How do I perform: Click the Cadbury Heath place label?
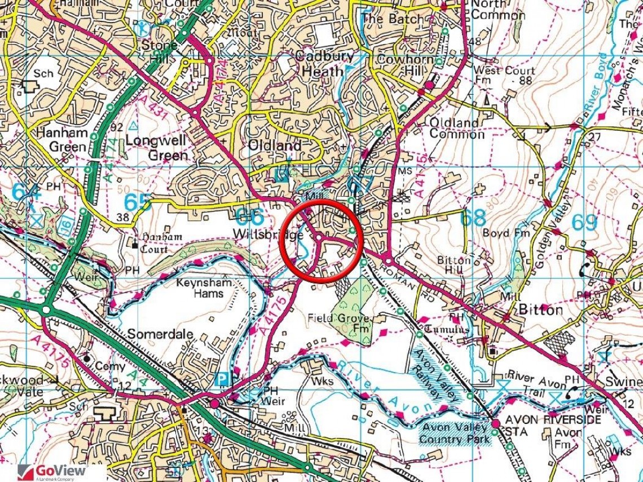click(x=325, y=64)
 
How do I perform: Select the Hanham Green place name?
click(x=61, y=140)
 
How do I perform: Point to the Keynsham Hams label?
click(x=201, y=288)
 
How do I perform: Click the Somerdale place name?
click(x=161, y=334)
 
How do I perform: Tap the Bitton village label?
click(x=540, y=310)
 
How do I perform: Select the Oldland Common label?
click(x=457, y=128)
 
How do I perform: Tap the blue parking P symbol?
click(x=224, y=381)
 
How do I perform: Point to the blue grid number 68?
click(x=472, y=218)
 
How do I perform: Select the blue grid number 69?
click(x=584, y=223)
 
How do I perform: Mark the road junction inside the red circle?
click(x=319, y=237)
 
